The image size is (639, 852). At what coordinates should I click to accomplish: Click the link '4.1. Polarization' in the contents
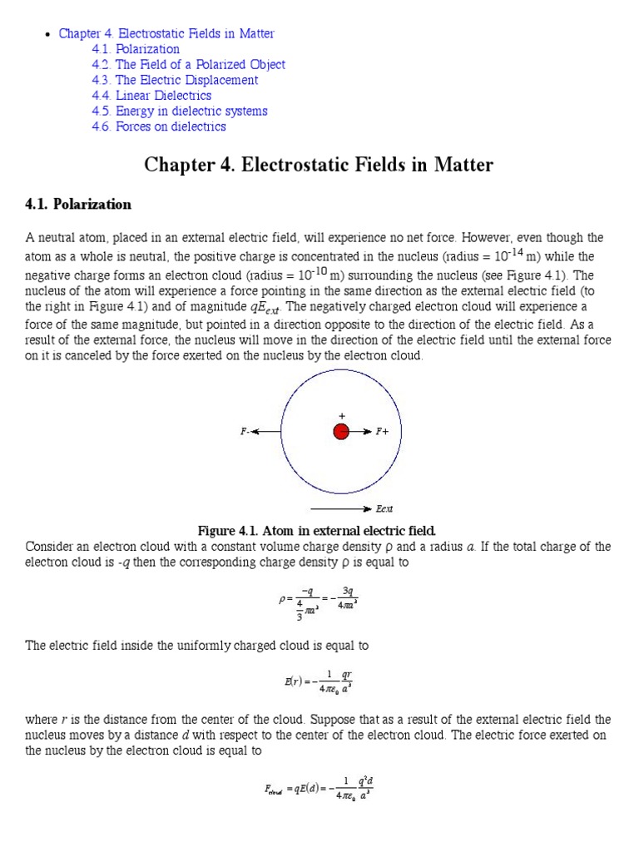click(x=136, y=49)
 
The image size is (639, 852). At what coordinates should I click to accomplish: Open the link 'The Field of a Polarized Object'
click(x=188, y=65)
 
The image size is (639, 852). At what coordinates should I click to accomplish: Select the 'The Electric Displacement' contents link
click(x=175, y=80)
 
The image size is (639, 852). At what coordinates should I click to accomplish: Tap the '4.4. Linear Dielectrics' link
click(x=151, y=96)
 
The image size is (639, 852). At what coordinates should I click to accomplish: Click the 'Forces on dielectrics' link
click(x=159, y=126)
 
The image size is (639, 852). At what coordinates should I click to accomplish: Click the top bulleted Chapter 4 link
click(x=166, y=34)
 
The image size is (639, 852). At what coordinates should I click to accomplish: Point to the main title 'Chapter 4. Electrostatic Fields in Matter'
click(x=319, y=165)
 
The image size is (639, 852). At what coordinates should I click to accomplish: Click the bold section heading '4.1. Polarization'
click(x=78, y=205)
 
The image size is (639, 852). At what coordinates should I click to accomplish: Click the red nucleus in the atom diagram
click(x=341, y=432)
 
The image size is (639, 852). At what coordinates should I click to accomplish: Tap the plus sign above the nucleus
click(x=341, y=415)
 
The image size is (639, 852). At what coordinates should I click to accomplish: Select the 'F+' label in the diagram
click(x=383, y=432)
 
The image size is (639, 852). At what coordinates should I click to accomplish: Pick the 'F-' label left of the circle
click(x=245, y=432)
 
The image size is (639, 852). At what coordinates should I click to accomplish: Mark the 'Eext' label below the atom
click(x=384, y=508)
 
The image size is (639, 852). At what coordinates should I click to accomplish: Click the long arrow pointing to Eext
click(x=341, y=508)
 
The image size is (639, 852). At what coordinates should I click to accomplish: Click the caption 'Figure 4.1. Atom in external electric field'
click(x=317, y=531)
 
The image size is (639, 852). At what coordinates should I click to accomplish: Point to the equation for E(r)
click(x=319, y=681)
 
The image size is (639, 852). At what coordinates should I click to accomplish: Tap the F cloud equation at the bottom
click(x=318, y=787)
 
